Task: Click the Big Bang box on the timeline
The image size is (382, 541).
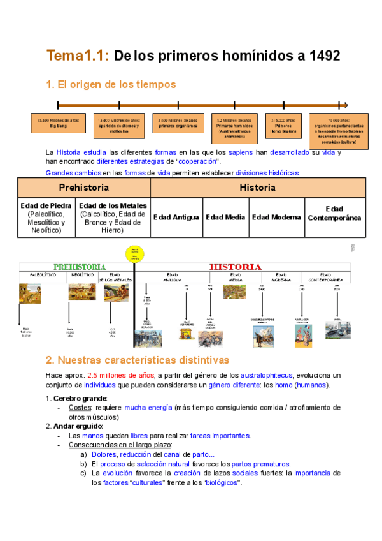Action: pos(58,123)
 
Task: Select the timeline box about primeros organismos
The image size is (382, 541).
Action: pos(174,123)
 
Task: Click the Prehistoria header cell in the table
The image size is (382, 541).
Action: pos(83,188)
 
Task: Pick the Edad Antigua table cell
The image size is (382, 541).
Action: pos(176,218)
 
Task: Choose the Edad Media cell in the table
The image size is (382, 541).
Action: pos(225,218)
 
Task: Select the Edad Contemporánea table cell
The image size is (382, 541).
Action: pos(334,214)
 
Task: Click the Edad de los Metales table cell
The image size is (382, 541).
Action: pos(113,218)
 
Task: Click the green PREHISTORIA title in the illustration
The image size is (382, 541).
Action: pos(80,267)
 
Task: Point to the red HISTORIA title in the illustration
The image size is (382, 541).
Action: pos(236,267)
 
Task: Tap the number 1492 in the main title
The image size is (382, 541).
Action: pos(323,56)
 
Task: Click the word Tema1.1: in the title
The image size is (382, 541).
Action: pos(78,56)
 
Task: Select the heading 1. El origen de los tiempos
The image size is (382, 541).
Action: pos(111,84)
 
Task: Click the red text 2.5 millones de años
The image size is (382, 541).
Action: pos(120,375)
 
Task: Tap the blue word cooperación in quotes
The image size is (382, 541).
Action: pos(197,162)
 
